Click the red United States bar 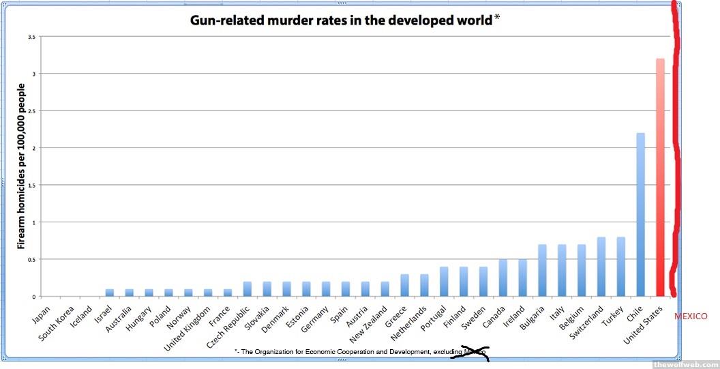click(x=660, y=177)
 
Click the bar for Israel click(x=109, y=293)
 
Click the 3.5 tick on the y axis click(x=31, y=37)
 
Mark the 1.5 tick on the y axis click(x=31, y=185)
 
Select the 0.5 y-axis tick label click(x=31, y=259)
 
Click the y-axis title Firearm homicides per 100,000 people click(x=21, y=166)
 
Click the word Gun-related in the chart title click(x=224, y=20)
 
